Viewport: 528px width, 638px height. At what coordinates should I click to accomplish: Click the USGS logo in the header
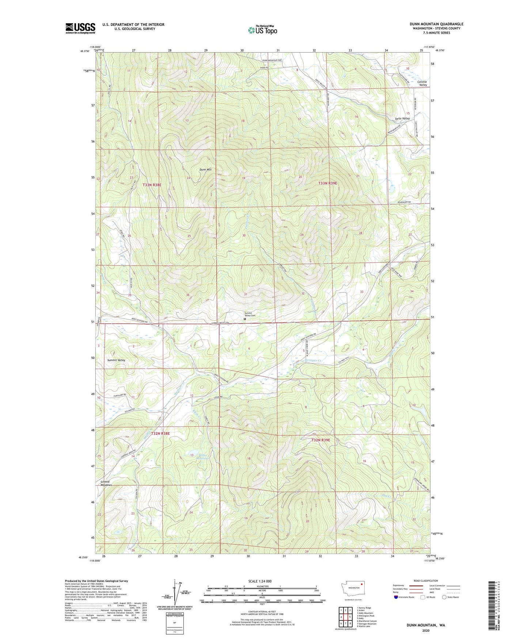click(x=80, y=28)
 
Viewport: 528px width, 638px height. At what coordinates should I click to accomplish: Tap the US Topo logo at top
click(x=262, y=30)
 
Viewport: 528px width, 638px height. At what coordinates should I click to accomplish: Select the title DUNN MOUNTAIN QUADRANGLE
click(x=436, y=24)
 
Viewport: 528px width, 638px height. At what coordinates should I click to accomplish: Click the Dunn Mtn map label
click(x=205, y=170)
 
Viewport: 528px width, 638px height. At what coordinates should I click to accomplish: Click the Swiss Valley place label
click(x=402, y=118)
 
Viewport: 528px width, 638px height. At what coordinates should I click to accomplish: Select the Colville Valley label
click(x=422, y=83)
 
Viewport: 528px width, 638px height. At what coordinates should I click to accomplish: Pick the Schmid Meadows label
click(x=105, y=483)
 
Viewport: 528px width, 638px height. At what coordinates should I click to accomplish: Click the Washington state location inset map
click(x=353, y=587)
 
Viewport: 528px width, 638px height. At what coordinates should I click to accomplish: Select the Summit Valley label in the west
click(x=116, y=360)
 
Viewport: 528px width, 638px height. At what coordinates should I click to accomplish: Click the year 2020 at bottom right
click(x=426, y=630)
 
